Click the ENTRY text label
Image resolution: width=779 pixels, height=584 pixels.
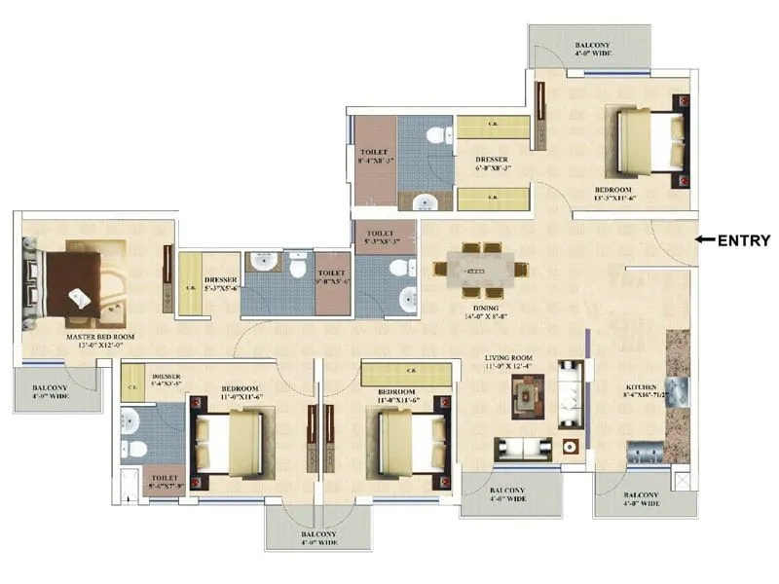[x=744, y=240]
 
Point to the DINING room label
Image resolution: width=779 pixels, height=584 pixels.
[x=485, y=309]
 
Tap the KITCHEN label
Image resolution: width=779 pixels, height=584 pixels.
[x=644, y=392]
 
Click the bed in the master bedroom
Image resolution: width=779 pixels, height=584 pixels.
[x=73, y=283]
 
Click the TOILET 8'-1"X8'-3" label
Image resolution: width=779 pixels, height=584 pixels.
[x=375, y=158]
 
